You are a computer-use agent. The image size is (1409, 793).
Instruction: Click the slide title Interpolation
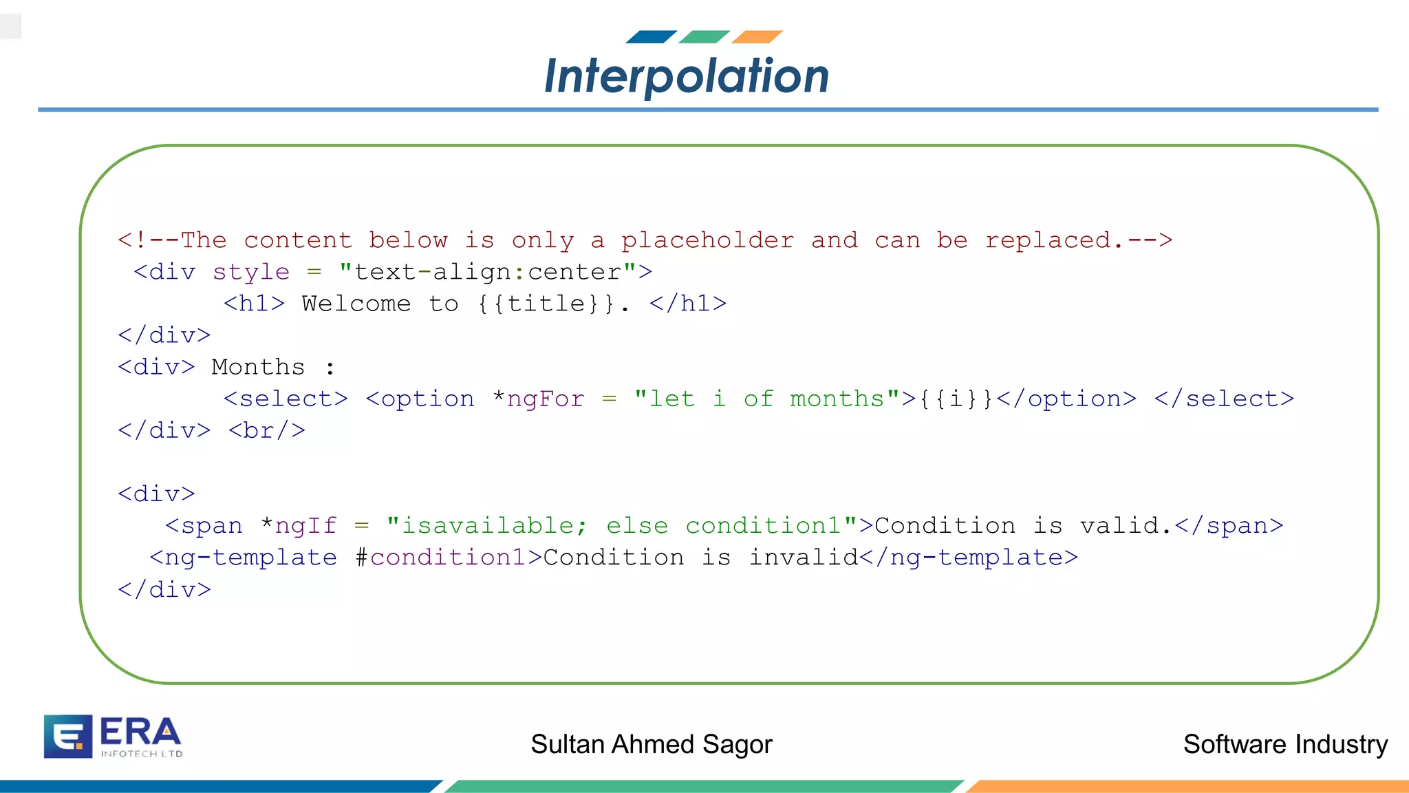click(x=687, y=76)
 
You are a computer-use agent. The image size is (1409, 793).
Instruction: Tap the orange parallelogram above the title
click(x=757, y=36)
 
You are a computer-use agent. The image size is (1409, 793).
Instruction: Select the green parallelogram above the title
click(x=704, y=36)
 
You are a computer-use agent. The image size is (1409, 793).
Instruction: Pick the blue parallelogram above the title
click(x=651, y=36)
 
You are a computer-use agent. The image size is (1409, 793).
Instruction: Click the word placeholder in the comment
click(x=707, y=240)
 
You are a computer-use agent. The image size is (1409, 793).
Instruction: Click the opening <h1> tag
click(x=254, y=304)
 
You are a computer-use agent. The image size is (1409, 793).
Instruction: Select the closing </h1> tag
click(x=688, y=304)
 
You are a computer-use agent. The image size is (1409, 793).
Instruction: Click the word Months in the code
click(x=258, y=367)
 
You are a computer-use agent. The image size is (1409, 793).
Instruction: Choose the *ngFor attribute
click(x=539, y=399)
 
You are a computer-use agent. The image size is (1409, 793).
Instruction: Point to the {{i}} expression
click(x=956, y=399)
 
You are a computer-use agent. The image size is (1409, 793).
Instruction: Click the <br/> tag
click(x=267, y=430)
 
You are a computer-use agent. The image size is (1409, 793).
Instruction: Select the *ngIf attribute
click(x=299, y=525)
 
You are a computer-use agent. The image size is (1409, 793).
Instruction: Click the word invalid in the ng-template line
click(x=804, y=557)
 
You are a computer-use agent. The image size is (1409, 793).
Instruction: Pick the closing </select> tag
click(x=1224, y=399)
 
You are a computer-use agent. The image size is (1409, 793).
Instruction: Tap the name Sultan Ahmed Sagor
click(x=652, y=744)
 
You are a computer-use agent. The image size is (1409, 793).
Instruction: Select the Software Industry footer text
click(x=1285, y=744)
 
